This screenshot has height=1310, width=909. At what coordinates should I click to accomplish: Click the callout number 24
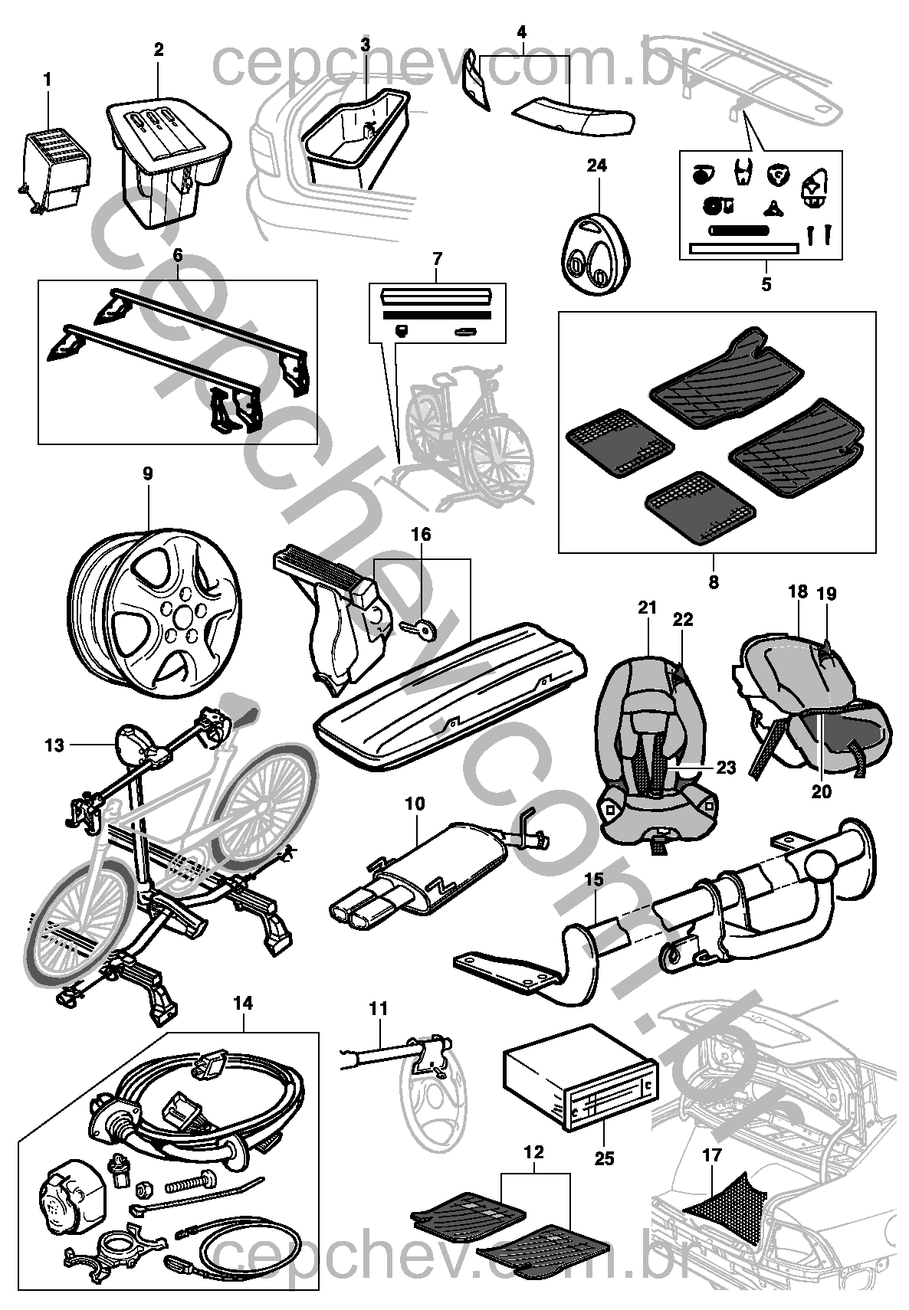pyautogui.click(x=596, y=166)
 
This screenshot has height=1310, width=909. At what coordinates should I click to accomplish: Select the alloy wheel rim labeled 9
pyautogui.click(x=155, y=614)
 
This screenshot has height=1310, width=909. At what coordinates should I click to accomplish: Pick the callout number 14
pyautogui.click(x=243, y=1003)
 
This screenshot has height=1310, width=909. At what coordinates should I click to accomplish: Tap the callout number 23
pyautogui.click(x=726, y=767)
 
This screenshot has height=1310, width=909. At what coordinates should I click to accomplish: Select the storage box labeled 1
pyautogui.click(x=56, y=169)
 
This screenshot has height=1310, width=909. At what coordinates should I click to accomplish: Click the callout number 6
pyautogui.click(x=178, y=256)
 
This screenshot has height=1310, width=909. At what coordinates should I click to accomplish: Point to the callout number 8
pyautogui.click(x=713, y=582)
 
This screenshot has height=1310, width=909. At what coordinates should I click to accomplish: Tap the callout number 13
pyautogui.click(x=54, y=745)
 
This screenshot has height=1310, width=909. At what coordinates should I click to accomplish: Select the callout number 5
pyautogui.click(x=766, y=284)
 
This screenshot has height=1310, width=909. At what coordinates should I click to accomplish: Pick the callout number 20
pyautogui.click(x=822, y=791)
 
